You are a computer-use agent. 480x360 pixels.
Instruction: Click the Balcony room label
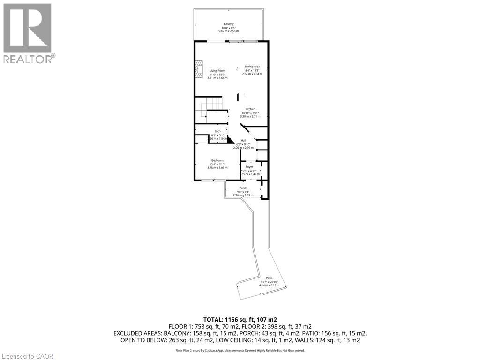click(228, 24)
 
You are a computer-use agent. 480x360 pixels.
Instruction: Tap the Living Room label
click(217, 71)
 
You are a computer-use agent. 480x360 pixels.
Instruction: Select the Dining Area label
click(252, 67)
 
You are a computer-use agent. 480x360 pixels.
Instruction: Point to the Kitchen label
click(250, 109)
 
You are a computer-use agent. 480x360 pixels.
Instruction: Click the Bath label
click(217, 131)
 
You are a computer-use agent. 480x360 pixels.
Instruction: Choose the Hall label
click(243, 140)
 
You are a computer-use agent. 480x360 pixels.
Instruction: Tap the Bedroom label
click(217, 160)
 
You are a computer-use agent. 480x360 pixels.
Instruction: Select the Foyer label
click(249, 166)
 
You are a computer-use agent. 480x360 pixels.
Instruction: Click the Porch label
click(243, 188)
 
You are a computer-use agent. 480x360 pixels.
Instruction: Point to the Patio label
click(269, 277)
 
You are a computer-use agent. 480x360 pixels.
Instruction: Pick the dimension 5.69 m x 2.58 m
click(228, 31)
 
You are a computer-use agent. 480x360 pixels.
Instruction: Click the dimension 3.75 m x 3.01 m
click(217, 167)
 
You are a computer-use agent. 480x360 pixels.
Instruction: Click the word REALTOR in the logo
click(27, 59)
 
